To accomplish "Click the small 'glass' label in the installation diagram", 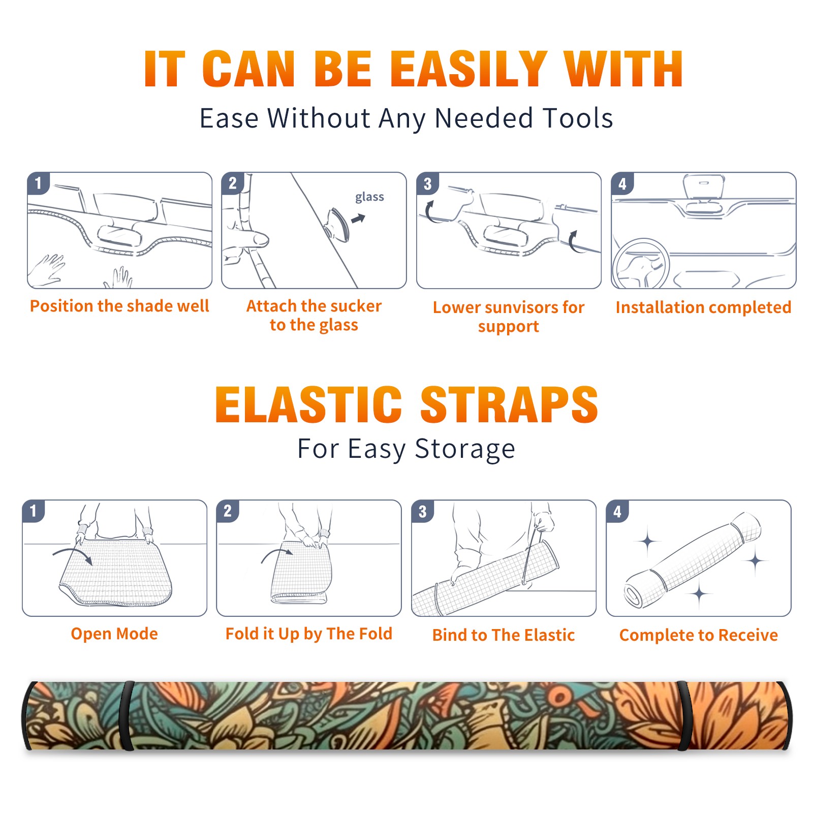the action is point(369,197).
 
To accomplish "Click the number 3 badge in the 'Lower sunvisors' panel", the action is point(427,183).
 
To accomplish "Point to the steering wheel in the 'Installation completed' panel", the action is point(641,264).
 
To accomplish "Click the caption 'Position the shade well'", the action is point(119,306).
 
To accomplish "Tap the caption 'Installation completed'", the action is point(703,307).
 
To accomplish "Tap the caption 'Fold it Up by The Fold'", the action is point(309,634).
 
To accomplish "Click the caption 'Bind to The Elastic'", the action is point(504,635).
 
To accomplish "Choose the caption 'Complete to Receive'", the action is point(699,635).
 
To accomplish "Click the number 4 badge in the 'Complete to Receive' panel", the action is point(617,511).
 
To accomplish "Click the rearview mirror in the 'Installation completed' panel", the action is point(704,187).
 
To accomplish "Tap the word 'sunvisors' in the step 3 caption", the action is point(522,307).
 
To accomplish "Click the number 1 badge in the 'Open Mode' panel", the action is point(34,511).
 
